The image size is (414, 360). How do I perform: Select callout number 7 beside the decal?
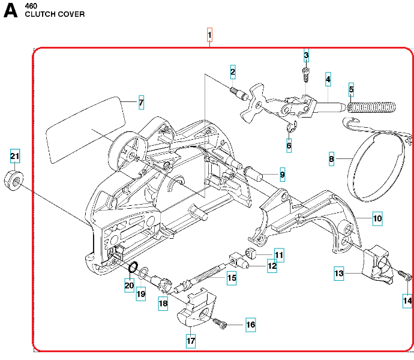pyautogui.click(x=141, y=103)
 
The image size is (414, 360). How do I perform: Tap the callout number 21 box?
pyautogui.click(x=15, y=157)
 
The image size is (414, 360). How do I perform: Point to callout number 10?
pyautogui.click(x=377, y=218)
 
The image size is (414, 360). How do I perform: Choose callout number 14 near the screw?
pyautogui.click(x=407, y=300)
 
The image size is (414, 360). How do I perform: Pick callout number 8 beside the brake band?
pyautogui.click(x=331, y=160)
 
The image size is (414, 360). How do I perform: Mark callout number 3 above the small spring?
pyautogui.click(x=306, y=56)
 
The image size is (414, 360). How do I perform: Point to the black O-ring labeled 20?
pyautogui.click(x=133, y=268)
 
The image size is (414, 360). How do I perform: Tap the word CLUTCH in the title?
pyautogui.click(x=38, y=14)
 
